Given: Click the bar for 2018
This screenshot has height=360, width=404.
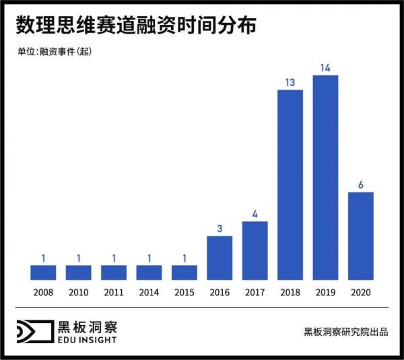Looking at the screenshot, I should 290,185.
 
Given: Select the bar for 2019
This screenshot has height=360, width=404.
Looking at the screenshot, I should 325,178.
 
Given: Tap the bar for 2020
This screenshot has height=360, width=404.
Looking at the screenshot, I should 361,236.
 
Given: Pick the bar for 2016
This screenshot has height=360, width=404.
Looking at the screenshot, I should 220,258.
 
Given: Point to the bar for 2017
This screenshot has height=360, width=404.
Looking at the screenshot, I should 255,250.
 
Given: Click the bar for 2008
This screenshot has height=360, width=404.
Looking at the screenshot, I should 43,273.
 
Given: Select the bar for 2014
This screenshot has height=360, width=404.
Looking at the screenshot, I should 149,273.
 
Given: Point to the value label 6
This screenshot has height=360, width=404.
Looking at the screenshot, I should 361,184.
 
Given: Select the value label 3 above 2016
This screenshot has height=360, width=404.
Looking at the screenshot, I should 220,228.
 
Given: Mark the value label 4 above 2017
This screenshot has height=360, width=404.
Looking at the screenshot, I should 255,213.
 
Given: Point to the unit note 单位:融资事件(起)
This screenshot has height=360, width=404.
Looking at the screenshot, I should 54,52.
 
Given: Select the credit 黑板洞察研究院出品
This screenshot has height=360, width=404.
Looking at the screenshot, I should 345,332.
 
